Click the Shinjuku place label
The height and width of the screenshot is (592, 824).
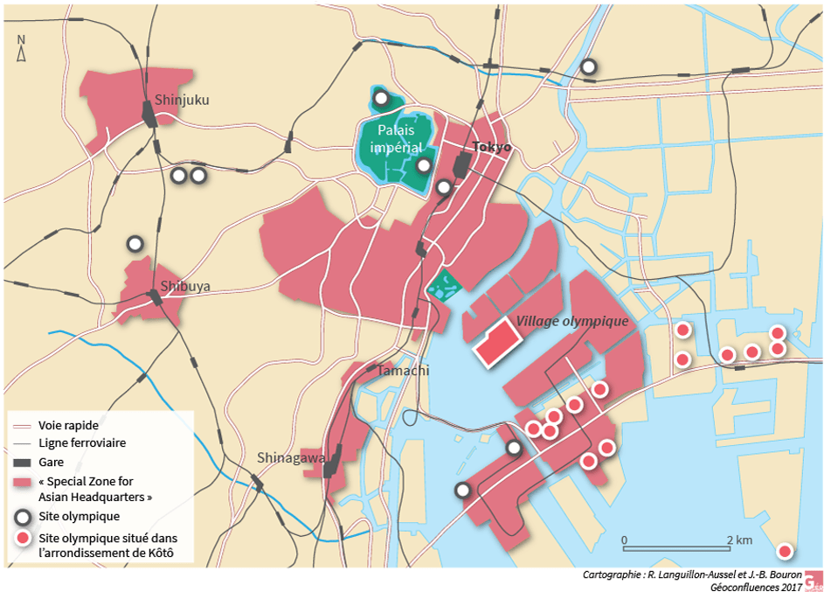(182, 100)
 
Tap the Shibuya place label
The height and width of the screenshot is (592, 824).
(185, 286)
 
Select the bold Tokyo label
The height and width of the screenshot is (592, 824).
(491, 147)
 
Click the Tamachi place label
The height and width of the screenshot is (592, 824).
(403, 371)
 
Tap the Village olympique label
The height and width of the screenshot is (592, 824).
(572, 321)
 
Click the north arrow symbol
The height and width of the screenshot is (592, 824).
(22, 49)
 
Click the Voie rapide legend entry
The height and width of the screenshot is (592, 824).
(69, 424)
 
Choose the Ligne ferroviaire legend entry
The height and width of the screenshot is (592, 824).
(82, 443)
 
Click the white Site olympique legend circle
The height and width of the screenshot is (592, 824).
(24, 517)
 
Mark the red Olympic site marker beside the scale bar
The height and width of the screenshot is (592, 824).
(785, 551)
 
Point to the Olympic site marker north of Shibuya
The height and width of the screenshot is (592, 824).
(135, 243)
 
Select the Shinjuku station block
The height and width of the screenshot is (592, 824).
(149, 115)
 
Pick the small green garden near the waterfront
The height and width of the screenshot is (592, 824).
(445, 284)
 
